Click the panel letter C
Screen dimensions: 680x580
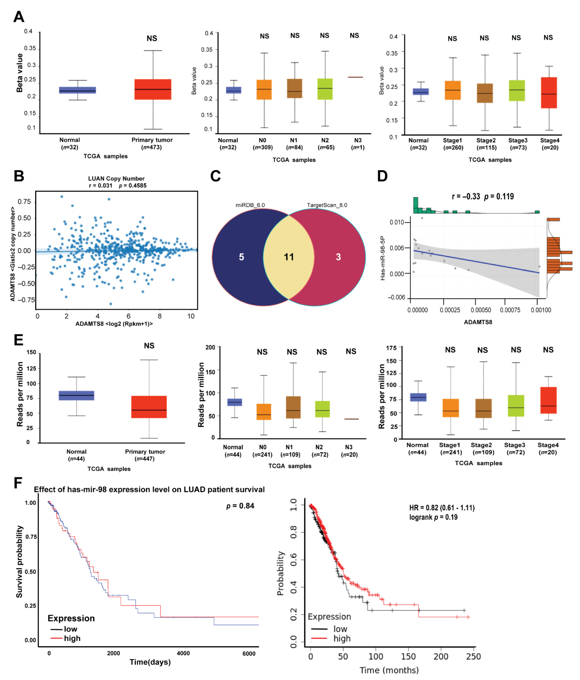tap(215, 176)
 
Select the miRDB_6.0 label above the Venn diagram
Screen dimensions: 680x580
tap(250, 205)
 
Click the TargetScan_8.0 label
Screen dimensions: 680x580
tap(327, 205)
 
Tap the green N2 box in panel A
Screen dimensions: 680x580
tap(325, 89)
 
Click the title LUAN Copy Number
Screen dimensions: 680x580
tap(116, 179)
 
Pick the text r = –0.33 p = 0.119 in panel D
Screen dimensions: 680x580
tap(483, 197)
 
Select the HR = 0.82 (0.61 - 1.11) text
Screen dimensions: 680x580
tap(442, 508)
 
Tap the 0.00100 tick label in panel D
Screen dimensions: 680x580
tap(541, 310)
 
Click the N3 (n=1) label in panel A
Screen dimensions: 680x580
tap(358, 144)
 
